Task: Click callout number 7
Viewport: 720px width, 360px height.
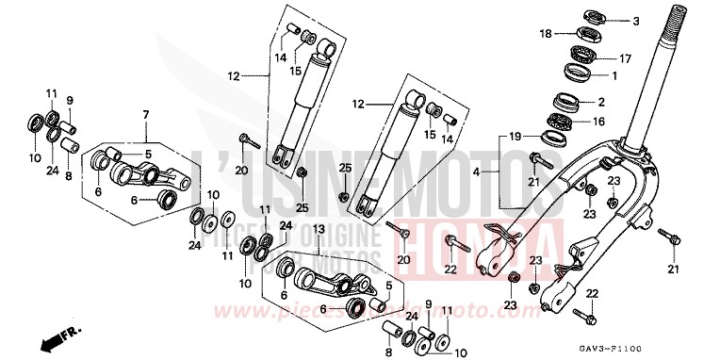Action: pos(145,115)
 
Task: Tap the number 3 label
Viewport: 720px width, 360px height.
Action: pos(635,21)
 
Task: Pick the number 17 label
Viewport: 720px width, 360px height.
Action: pos(626,57)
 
